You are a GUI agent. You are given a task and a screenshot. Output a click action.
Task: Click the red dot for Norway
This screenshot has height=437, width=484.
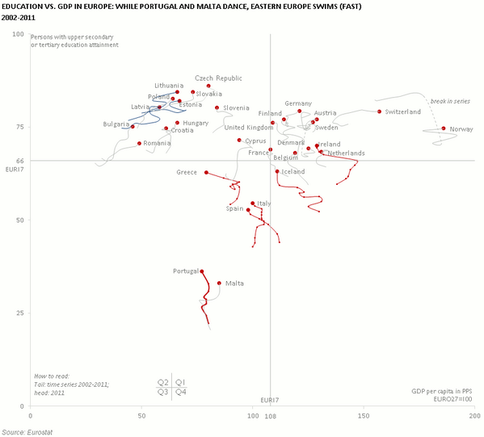click(444, 128)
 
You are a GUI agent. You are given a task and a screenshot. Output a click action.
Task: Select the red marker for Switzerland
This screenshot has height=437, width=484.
click(379, 111)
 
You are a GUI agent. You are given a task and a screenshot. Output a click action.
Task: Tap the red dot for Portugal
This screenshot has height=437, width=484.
click(202, 271)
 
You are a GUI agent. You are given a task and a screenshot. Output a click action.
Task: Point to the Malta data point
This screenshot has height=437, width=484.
click(219, 283)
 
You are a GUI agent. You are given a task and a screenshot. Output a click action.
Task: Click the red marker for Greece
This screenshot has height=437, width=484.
click(206, 172)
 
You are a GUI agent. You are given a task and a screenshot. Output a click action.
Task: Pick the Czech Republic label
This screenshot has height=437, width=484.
click(218, 78)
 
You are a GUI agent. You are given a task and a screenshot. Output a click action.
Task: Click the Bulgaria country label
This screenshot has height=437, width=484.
click(116, 124)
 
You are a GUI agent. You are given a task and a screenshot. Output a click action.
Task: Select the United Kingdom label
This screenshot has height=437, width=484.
click(248, 128)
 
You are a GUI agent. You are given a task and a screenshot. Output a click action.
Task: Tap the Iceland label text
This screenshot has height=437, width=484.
click(293, 172)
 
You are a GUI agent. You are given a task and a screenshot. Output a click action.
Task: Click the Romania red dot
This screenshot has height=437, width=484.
click(140, 143)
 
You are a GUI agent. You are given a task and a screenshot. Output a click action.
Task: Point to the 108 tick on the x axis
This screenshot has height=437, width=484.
click(271, 416)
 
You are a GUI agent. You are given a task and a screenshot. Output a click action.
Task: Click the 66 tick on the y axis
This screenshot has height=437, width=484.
click(19, 161)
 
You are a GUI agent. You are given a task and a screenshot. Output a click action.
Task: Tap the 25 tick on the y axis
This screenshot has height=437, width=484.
click(19, 313)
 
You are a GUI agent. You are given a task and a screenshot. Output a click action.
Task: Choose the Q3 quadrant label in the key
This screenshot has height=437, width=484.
click(162, 392)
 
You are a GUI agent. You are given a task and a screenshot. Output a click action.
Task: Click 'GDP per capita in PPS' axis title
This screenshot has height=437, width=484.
click(442, 391)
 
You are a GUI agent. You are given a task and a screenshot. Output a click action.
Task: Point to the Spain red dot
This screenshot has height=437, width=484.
click(248, 209)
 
